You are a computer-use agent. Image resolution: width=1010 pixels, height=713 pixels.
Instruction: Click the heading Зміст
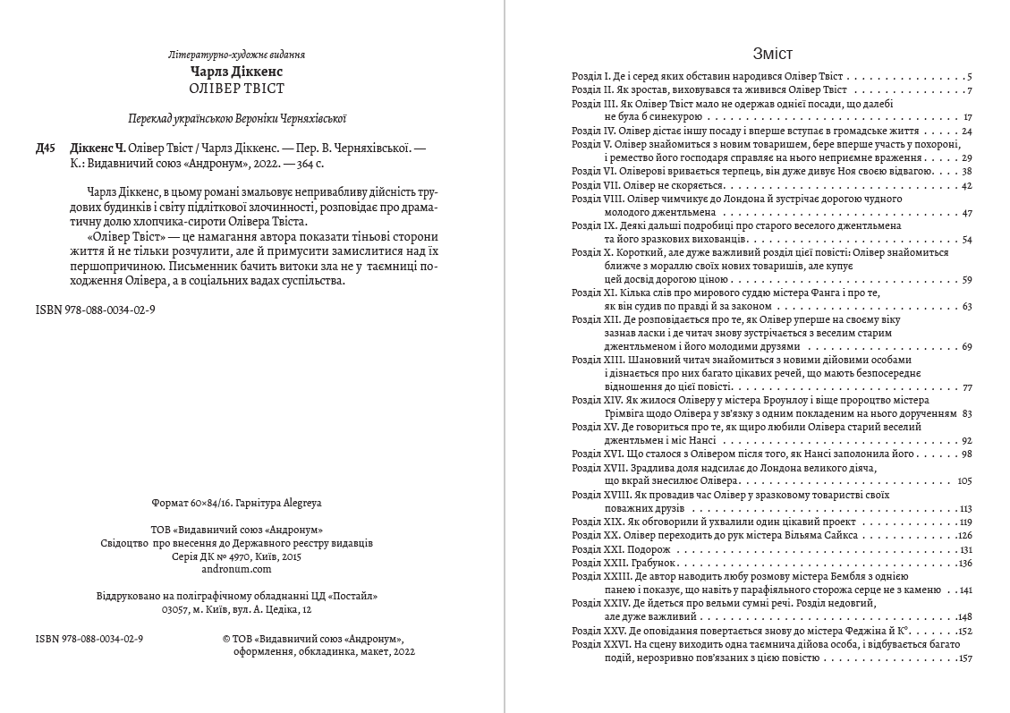[x=773, y=54]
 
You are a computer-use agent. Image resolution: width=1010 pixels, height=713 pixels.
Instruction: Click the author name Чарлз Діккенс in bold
[x=243, y=71]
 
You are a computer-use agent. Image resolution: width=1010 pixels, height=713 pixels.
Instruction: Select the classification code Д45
[x=47, y=149]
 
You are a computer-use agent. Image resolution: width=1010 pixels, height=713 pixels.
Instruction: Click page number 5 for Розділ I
[x=969, y=77]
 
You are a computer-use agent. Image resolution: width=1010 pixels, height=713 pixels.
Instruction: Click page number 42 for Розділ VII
[x=966, y=185]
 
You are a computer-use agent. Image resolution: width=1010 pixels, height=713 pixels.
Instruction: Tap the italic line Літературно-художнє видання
[x=243, y=55]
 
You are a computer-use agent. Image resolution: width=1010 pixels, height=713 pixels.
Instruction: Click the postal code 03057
[x=177, y=610]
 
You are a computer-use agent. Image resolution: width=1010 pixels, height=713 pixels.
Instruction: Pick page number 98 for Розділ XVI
[x=966, y=454]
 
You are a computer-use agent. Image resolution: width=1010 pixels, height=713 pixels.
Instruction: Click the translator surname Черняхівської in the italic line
[x=312, y=118]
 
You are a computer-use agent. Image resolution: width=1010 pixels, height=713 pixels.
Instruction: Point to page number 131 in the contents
[x=964, y=549]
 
